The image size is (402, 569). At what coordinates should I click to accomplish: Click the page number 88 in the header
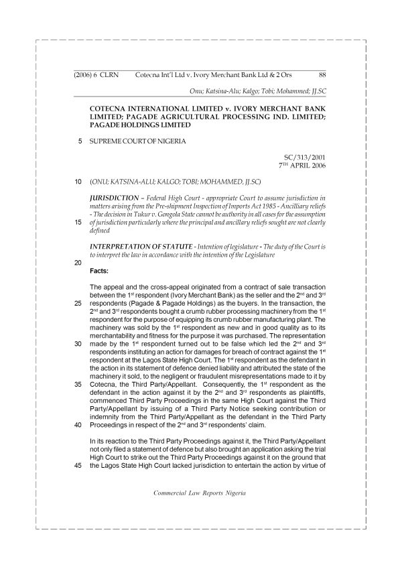click(322, 75)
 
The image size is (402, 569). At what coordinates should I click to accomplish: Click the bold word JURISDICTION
click(116, 198)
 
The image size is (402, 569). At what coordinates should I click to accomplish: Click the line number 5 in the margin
click(80, 141)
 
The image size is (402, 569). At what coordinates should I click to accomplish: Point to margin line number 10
click(79, 182)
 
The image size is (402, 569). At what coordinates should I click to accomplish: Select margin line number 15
click(79, 222)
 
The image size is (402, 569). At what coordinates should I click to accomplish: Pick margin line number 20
click(79, 263)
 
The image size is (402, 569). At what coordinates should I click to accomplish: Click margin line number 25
click(79, 303)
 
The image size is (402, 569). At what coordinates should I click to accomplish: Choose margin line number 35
click(79, 385)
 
